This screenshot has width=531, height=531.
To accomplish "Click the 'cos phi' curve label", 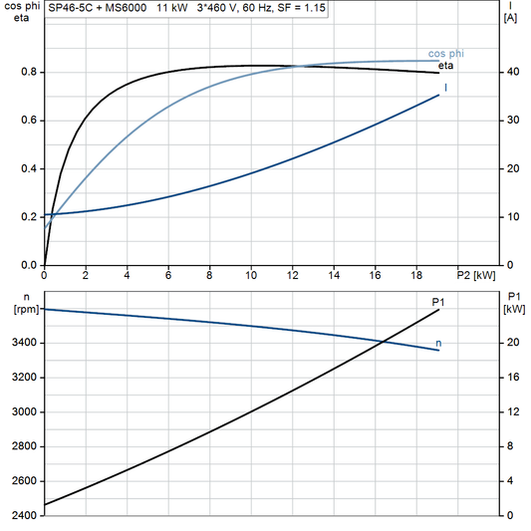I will pos(447,53).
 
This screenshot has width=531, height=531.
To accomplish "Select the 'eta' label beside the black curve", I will pos(446,66).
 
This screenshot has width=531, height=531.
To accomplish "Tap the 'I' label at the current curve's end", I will pos(445,89).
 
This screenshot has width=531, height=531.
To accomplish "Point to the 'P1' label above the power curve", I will pos(437,301).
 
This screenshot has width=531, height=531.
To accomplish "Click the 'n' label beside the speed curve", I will pos(439,344).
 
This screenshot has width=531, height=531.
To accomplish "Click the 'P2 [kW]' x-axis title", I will pos(475,275).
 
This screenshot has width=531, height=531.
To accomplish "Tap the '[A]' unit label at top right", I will pos(510,18).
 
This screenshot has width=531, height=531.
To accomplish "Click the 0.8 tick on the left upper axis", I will pos(30,73).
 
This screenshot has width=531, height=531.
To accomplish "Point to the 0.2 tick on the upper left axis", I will pos(30,217).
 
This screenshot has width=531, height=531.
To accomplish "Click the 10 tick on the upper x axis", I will pos(251,275).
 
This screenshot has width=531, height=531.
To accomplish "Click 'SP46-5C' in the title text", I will pos(70,7).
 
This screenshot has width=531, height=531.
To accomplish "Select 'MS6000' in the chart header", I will pos(123,7).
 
